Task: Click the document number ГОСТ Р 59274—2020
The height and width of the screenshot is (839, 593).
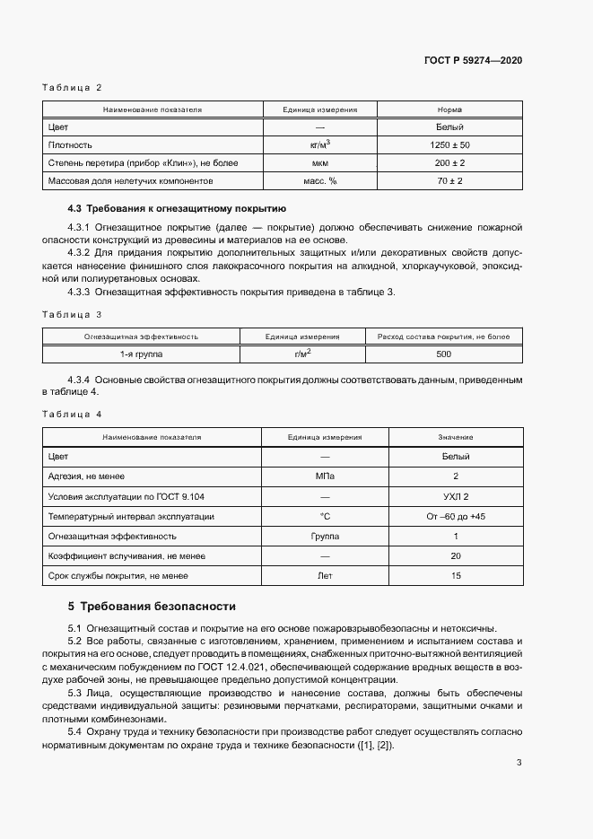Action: point(473,60)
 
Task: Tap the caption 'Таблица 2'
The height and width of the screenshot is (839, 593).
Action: point(73,87)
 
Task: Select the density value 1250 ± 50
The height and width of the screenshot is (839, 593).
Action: point(449,144)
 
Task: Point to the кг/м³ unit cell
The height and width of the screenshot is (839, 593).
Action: point(319,144)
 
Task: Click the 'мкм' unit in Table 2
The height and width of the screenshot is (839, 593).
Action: point(319,162)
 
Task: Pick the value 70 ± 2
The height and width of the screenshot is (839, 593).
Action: point(449,180)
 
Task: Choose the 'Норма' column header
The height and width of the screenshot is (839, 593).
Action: point(449,109)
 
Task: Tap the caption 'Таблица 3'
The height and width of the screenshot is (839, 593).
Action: point(73,314)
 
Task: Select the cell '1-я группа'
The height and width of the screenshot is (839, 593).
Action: point(141,354)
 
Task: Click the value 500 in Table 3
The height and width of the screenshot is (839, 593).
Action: point(443,354)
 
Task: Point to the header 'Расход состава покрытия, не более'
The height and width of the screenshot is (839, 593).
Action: point(443,336)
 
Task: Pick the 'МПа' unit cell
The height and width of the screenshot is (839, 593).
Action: point(325,476)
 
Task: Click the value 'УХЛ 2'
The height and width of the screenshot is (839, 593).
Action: point(456,496)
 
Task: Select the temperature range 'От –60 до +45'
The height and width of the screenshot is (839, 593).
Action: point(456,516)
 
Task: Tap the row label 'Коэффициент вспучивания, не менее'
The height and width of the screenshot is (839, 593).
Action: point(126,555)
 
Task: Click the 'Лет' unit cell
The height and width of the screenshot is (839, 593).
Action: point(325,575)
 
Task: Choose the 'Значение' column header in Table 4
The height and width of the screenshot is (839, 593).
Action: point(456,437)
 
